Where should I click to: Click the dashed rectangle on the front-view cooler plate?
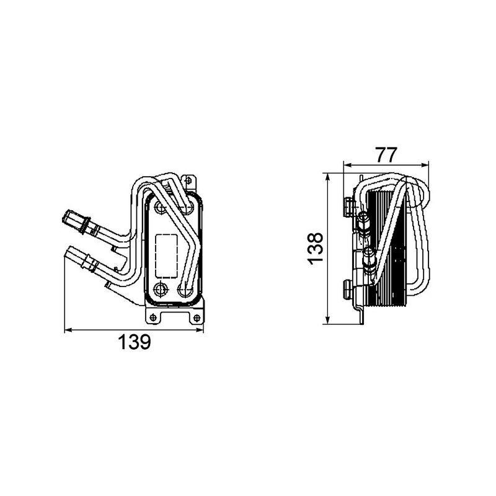pyautogui.click(x=165, y=254)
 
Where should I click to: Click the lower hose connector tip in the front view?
pyautogui.click(x=70, y=252)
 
